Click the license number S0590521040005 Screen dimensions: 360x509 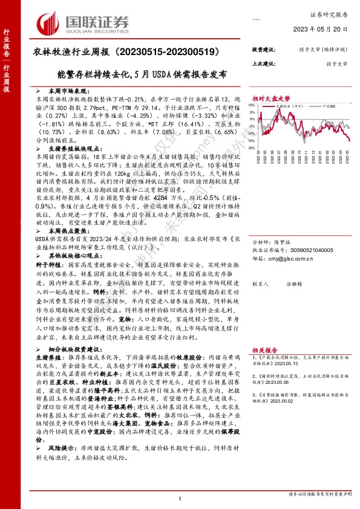click(x=308, y=248)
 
